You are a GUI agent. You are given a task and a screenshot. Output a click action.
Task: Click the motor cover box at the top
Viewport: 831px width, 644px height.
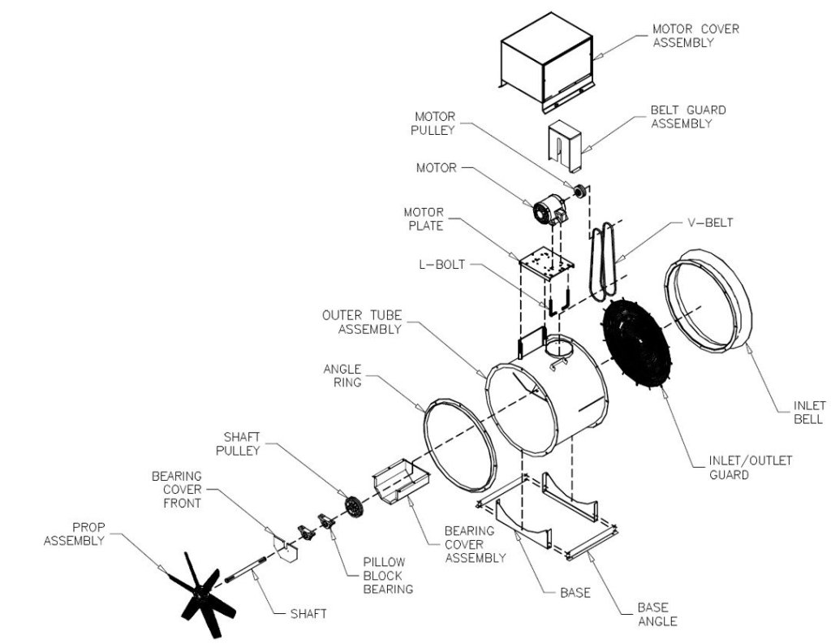point(549,65)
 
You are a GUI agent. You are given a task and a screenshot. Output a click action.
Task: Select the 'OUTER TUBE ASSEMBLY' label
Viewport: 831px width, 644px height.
point(361,322)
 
